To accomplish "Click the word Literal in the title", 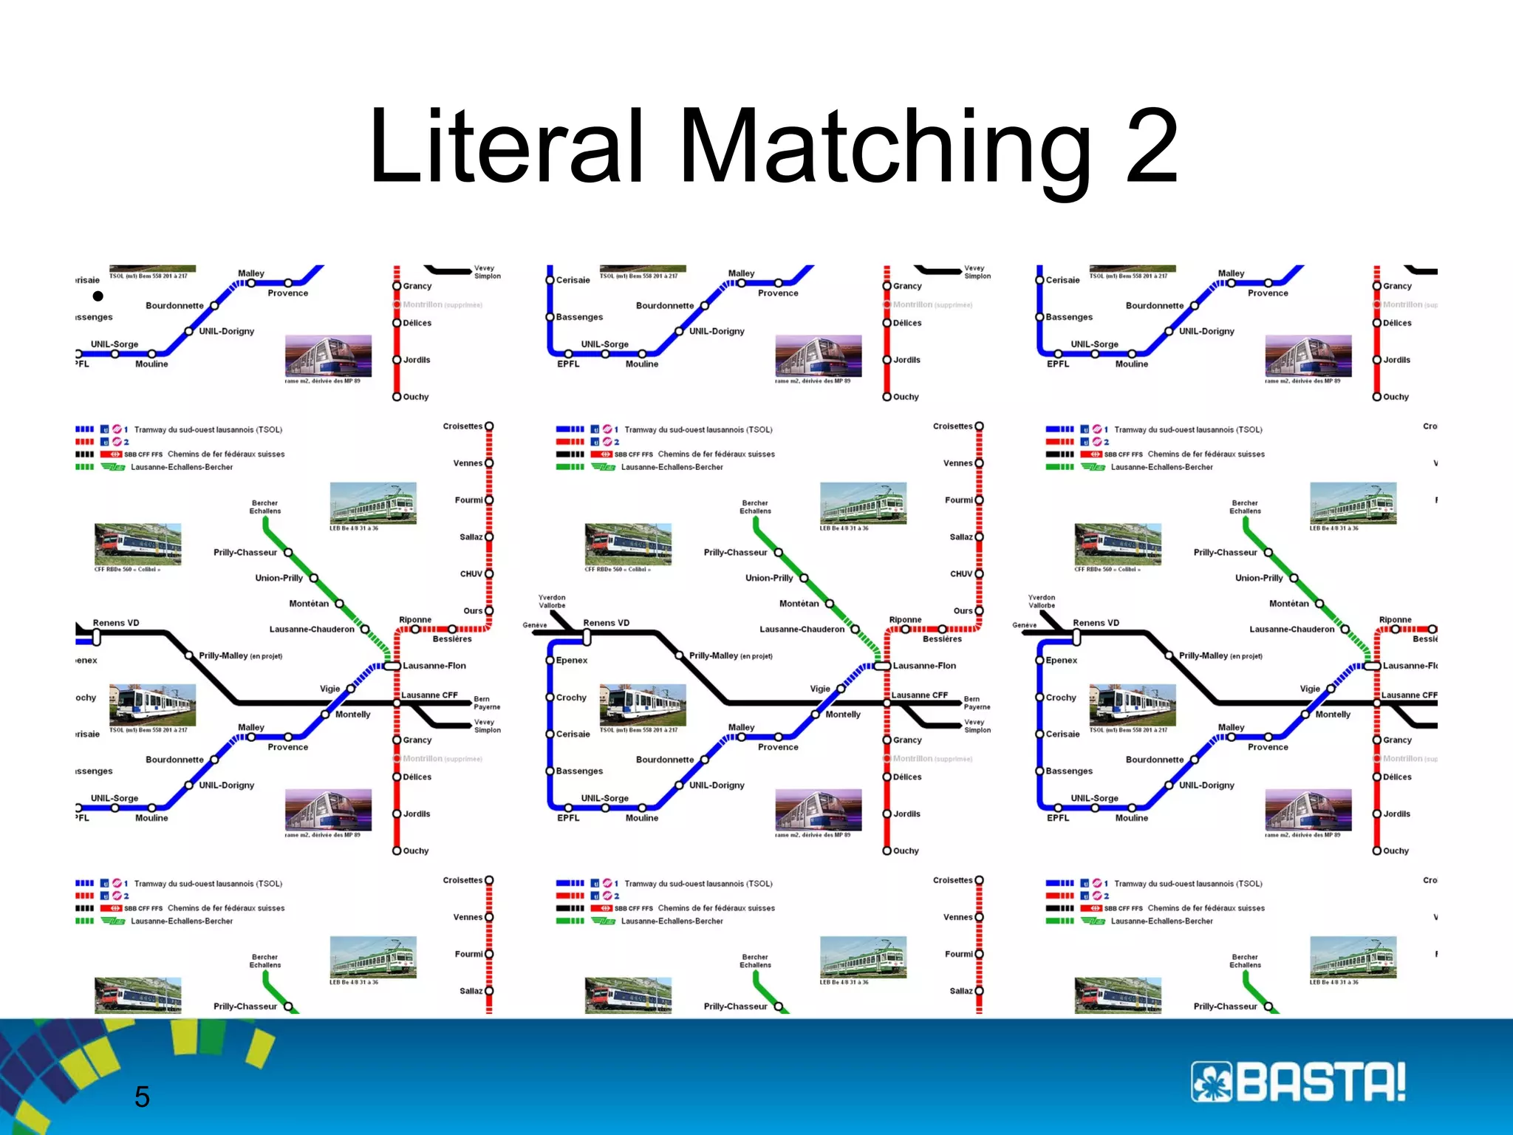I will tap(506, 146).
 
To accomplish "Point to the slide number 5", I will tap(142, 1097).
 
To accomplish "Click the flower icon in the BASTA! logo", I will tap(1212, 1082).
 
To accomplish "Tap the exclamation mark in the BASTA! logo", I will tap(1397, 1082).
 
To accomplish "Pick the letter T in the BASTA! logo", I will tap(1336, 1082).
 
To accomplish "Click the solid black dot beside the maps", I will tap(98, 296).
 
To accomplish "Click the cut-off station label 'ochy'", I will tap(86, 698).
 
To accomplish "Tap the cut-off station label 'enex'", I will tap(86, 661).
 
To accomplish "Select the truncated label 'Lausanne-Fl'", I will tap(1410, 666).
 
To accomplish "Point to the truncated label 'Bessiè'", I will tap(1425, 639).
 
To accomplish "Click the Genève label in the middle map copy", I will tap(535, 625).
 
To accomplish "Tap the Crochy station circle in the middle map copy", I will tap(550, 698).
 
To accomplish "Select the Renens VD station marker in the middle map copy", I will tap(587, 636).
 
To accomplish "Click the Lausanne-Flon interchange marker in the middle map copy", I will tap(882, 666).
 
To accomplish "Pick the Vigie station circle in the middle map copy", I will tap(841, 689).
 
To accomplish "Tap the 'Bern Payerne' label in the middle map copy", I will tap(977, 703).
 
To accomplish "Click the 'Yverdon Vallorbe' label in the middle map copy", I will tap(552, 601).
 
